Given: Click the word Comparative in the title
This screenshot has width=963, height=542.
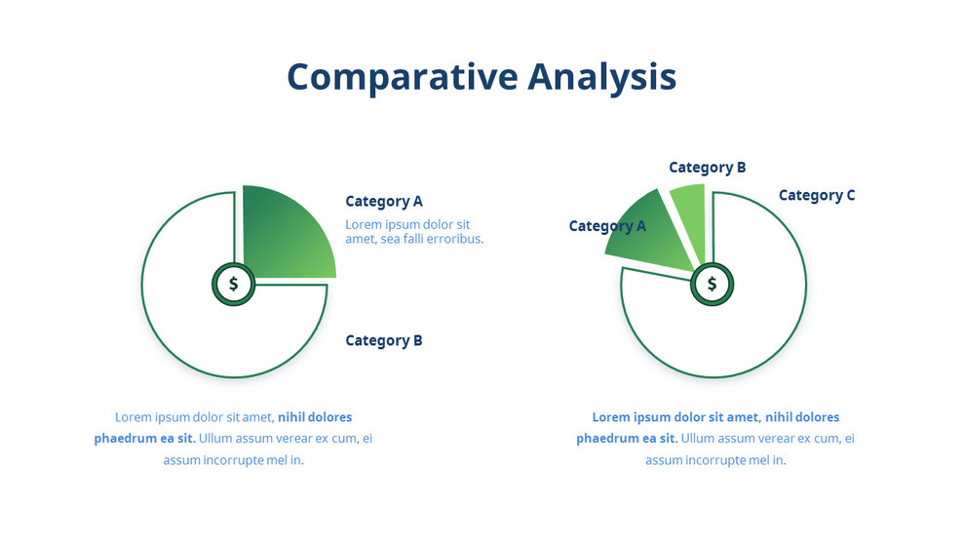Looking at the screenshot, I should [x=402, y=77].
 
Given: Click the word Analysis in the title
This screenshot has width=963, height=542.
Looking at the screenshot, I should [x=601, y=77].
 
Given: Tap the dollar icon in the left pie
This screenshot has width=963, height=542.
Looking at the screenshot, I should [x=234, y=285].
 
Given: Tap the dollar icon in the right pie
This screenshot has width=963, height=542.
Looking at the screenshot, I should [x=713, y=285].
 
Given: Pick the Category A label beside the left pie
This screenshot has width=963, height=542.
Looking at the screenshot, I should [x=384, y=202].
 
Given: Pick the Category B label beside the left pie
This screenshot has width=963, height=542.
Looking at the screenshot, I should [x=384, y=341].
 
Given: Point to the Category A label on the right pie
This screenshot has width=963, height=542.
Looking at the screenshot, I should [x=607, y=226].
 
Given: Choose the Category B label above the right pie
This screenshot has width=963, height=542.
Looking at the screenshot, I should [x=707, y=168].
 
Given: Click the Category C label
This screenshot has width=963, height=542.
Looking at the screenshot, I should [x=817, y=195].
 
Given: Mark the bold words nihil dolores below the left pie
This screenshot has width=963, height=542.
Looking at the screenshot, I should [x=315, y=417].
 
